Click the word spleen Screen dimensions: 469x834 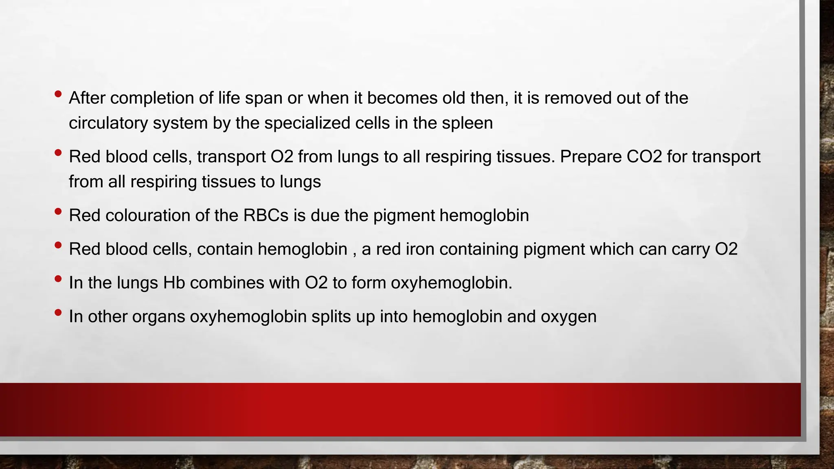point(467,123)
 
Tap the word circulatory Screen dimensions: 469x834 point(108,123)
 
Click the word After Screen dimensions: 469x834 point(87,98)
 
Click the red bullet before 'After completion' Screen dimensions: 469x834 point(58,94)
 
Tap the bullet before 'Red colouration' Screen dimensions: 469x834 point(58,212)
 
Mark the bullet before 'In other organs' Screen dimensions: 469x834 point(58,313)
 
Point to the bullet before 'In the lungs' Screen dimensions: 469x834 point(58,279)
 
